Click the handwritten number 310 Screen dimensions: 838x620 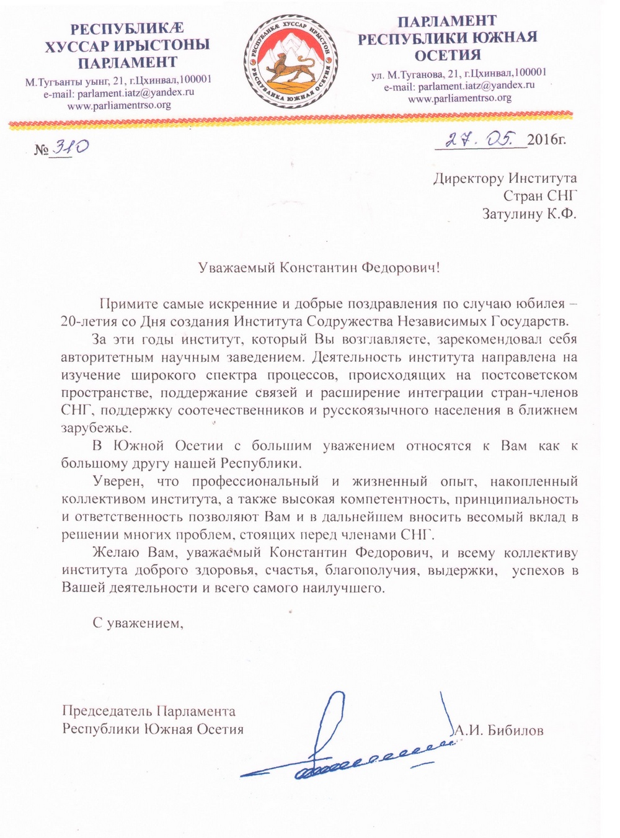point(69,147)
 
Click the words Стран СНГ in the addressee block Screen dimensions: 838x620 point(540,197)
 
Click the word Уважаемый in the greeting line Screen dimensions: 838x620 point(237,268)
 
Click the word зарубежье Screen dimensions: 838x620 point(96,428)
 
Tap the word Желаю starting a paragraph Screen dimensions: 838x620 point(110,553)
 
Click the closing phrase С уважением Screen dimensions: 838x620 point(138,623)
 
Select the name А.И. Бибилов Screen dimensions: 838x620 point(499,730)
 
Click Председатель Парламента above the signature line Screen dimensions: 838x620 point(149,711)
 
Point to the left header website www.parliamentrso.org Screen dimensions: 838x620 point(119,105)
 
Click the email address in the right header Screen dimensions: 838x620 point(459,86)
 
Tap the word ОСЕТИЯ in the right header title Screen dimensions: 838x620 point(456,54)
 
